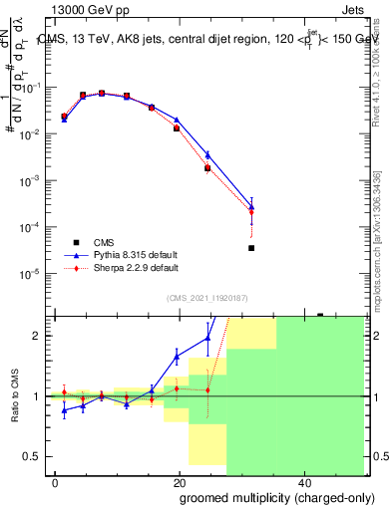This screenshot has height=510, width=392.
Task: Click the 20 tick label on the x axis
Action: click(x=179, y=482)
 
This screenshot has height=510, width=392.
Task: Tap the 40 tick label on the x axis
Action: click(x=301, y=482)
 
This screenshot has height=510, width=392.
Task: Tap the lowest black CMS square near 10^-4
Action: click(x=251, y=248)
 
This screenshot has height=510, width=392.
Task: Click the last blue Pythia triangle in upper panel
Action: click(x=251, y=207)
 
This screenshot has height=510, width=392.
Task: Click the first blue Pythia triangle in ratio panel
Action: click(x=65, y=409)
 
